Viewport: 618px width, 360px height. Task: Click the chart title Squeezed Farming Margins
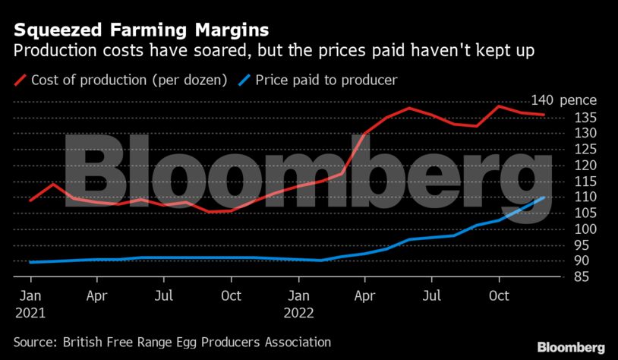140,31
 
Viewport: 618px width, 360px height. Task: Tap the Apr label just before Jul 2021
96,295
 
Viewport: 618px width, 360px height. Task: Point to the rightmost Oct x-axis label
498,295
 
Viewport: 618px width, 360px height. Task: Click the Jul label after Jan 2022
431,295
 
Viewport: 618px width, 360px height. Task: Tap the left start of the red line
30,201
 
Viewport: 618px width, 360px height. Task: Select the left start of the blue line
30,262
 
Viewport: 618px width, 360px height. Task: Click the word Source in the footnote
36,343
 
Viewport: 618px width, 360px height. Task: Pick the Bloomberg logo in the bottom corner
571,346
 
